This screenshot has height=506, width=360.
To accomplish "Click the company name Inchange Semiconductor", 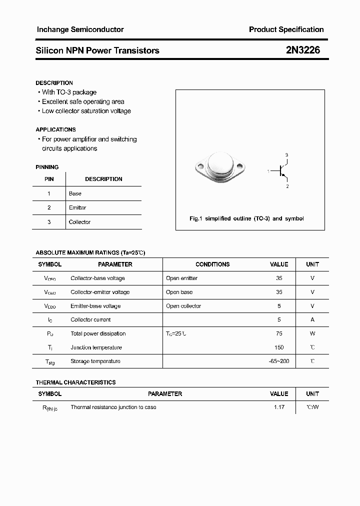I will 80,29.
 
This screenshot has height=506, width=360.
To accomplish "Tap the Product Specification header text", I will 286,29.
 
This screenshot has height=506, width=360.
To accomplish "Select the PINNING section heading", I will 47,167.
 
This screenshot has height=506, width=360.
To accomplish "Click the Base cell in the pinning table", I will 75,193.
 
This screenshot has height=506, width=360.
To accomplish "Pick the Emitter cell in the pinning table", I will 77,207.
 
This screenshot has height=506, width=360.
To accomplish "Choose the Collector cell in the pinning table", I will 79,222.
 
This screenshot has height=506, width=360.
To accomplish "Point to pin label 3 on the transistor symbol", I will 286,155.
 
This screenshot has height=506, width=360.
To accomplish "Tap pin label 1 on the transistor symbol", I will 268,171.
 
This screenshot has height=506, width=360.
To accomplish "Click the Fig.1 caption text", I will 246,218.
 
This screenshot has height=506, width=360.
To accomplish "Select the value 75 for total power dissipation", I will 279,333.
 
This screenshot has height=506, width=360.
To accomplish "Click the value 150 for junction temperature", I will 279,347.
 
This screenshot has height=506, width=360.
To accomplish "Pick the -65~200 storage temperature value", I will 279,361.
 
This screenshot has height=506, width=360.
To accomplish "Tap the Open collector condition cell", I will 183,306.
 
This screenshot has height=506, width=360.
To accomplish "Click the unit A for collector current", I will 312,319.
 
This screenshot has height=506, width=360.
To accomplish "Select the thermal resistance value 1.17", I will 279,407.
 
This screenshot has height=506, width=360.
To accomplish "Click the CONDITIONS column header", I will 212,264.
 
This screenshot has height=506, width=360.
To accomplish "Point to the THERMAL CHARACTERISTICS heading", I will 75,382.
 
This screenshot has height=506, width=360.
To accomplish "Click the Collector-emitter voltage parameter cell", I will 100,292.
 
